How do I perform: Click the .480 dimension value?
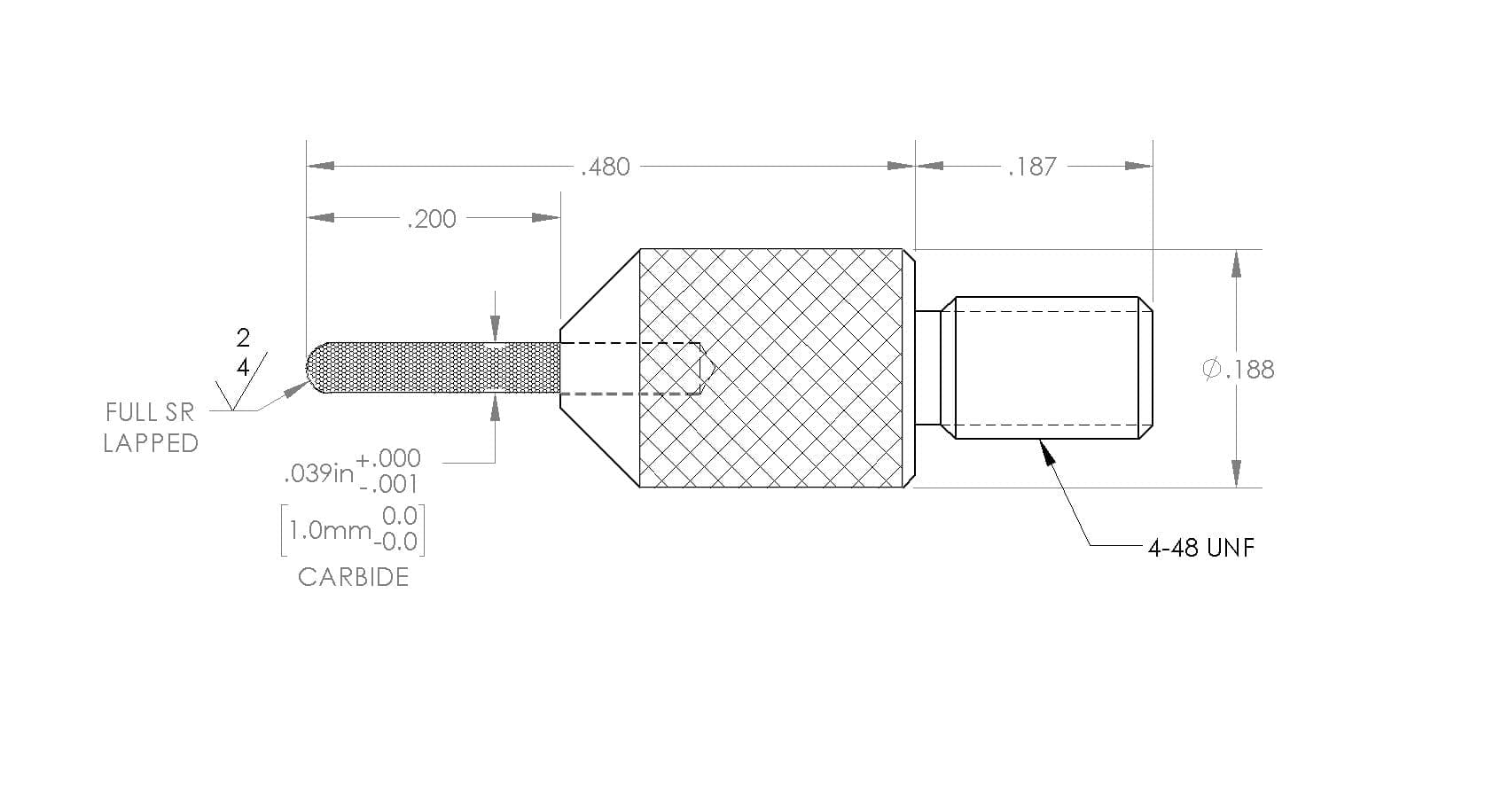coord(605,167)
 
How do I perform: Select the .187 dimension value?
coord(1032,167)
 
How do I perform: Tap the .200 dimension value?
coord(432,219)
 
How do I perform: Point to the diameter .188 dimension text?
coord(1239,370)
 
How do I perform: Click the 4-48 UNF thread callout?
coord(1200,548)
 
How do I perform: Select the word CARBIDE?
coord(353,577)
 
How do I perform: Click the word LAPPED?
coord(151,443)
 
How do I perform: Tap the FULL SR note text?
coord(150,412)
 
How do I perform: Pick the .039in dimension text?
coord(319,473)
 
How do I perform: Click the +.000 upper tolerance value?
coord(388,459)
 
